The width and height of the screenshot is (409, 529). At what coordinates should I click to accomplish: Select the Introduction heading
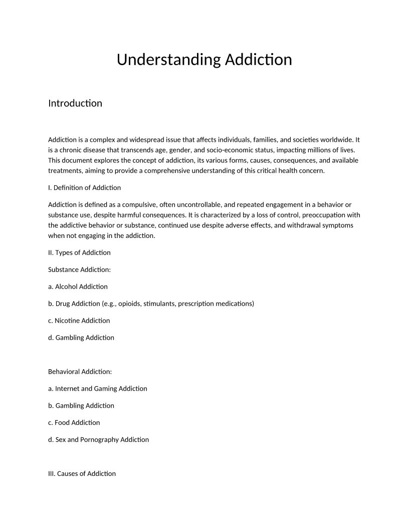[75, 103]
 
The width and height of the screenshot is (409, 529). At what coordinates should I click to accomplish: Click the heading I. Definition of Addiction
[84, 188]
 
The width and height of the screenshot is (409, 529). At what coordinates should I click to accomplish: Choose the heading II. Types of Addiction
[79, 252]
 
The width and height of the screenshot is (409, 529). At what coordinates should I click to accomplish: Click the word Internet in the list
[67, 389]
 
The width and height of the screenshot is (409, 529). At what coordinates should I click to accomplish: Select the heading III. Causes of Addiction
[82, 474]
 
